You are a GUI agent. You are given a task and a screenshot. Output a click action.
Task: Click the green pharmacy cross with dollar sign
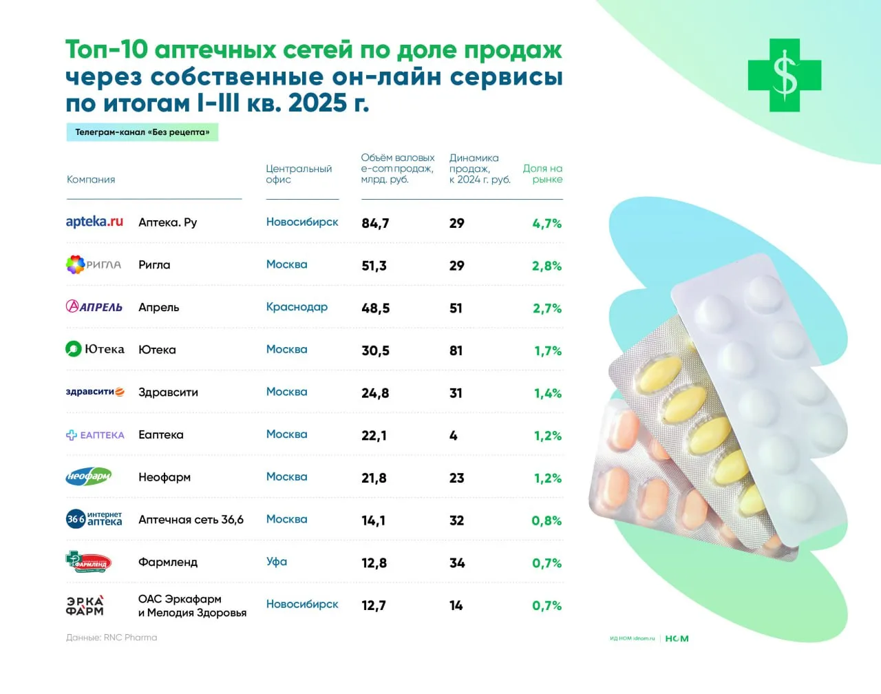point(785,75)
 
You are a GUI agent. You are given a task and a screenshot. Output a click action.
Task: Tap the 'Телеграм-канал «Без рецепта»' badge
point(142,132)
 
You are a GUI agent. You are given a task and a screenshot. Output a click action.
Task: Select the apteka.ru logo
point(94,222)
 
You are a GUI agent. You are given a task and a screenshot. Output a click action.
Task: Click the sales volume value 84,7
point(375,223)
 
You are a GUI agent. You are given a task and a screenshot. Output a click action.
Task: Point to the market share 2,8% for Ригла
point(546,266)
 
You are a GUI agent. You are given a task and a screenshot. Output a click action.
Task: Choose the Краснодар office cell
point(297,307)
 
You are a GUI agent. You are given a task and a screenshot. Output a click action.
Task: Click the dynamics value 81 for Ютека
point(456,350)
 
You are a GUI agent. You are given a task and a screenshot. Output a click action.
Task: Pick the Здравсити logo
point(95,392)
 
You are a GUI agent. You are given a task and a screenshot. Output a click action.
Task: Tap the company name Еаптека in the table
point(161,435)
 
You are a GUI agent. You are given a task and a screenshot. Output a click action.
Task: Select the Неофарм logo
point(88,476)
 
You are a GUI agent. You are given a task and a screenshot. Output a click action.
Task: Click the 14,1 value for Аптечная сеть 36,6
point(373,520)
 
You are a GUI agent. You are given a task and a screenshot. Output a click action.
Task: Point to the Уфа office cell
point(277,562)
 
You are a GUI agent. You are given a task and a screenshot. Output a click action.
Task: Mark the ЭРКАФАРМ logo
point(85,605)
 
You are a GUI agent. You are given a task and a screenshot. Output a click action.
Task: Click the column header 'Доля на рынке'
point(542,173)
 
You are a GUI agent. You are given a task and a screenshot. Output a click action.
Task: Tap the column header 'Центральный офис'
point(299,173)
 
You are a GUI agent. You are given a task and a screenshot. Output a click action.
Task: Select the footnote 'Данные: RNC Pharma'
point(112,638)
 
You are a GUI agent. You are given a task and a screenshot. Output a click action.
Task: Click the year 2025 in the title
point(317,103)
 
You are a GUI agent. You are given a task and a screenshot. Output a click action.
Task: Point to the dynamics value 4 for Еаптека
point(453,436)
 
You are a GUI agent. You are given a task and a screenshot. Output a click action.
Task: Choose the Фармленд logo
point(88,562)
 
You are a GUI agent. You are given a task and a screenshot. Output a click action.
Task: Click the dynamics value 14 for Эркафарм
point(456,606)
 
